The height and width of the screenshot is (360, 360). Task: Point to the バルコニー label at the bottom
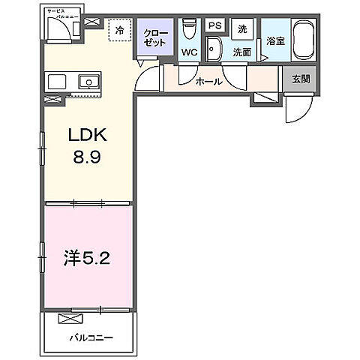[x=92, y=337]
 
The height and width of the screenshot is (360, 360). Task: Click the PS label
[x=214, y=26]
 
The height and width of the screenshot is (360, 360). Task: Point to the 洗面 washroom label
[x=241, y=52]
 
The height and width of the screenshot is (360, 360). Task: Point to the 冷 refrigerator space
[x=119, y=31]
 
